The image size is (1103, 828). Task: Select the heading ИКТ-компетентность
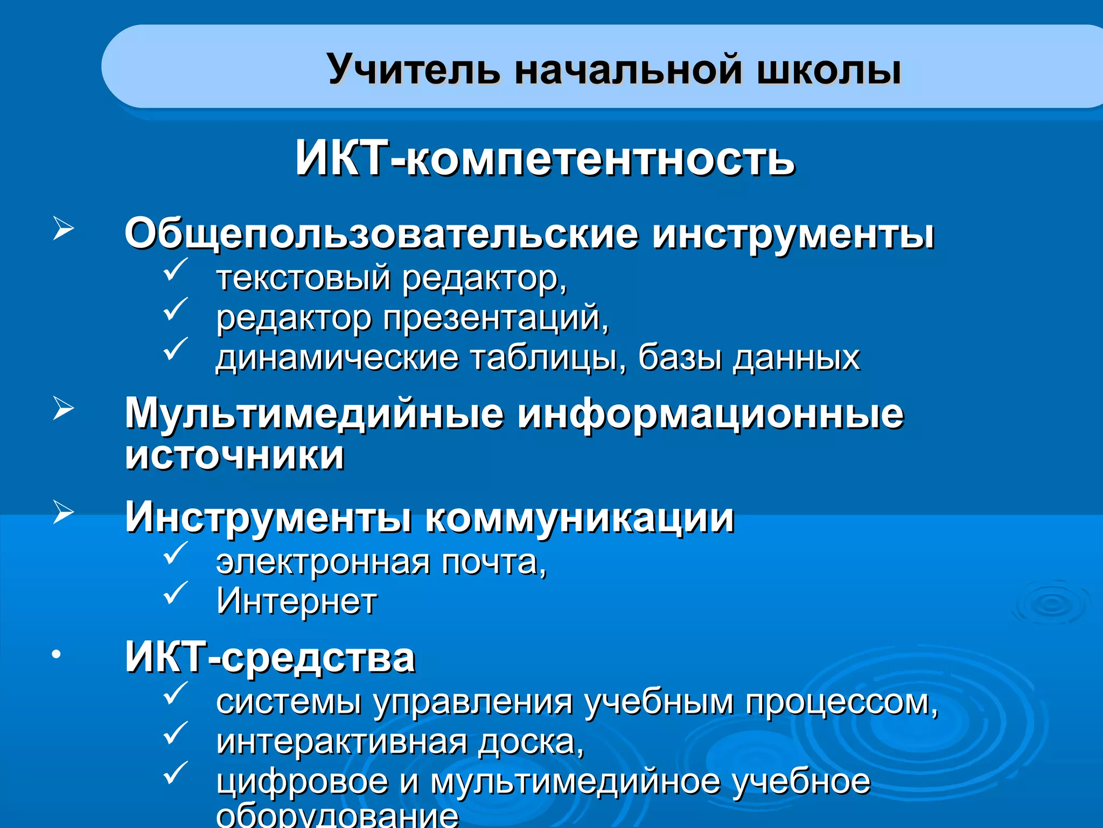pos(544,158)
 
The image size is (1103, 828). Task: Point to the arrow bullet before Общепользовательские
pos(63,229)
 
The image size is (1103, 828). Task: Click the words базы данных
pos(749,357)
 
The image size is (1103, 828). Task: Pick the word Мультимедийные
pos(315,414)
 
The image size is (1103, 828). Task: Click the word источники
pos(235,456)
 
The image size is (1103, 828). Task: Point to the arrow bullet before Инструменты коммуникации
pos(63,512)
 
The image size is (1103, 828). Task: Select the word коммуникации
pos(580,517)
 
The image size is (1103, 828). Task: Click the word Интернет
pos(297,601)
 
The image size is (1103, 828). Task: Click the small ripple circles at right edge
pos(1050,604)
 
